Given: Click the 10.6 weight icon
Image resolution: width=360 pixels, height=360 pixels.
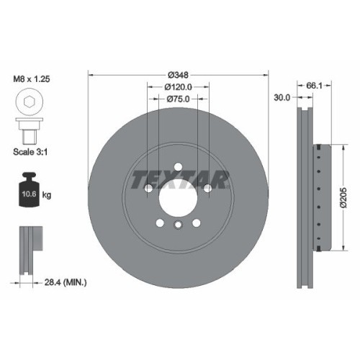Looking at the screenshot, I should pos(28,192).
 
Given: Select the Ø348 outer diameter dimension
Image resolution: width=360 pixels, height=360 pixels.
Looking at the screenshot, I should pos(179,75).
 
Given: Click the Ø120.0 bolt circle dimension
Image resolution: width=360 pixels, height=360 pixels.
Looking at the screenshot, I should pos(179,88).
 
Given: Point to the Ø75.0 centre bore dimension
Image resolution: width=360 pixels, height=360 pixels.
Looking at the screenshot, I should pos(179,99).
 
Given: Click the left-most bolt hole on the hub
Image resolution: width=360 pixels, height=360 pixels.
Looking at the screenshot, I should pos(148,189).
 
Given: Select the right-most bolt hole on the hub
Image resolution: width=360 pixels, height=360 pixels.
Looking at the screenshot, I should pos(208,189).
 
